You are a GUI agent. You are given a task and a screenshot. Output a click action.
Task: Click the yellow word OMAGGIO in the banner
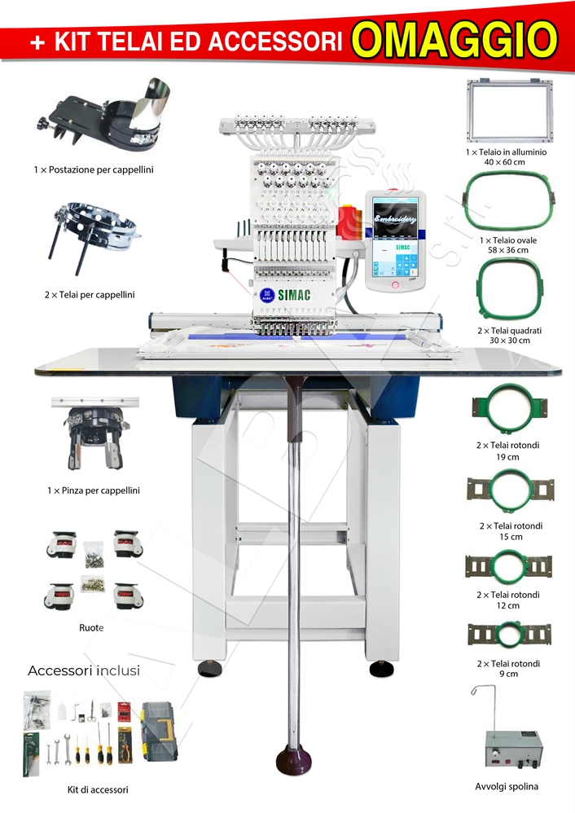457,40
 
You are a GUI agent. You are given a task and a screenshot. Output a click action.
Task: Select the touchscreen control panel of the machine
396,240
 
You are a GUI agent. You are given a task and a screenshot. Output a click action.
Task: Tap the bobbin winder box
513,749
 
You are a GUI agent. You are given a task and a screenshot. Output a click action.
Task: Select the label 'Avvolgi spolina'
507,787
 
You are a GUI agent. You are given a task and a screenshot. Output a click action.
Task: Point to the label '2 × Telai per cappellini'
90,295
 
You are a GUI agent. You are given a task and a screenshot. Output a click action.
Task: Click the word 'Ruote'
91,628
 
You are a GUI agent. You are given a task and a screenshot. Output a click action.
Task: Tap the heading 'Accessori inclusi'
84,671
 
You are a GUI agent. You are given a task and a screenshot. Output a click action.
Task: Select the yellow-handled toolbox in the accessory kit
160,731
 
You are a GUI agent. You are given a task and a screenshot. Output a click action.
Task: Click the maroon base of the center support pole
294,762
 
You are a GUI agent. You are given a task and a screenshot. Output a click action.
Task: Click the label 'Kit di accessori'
98,789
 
